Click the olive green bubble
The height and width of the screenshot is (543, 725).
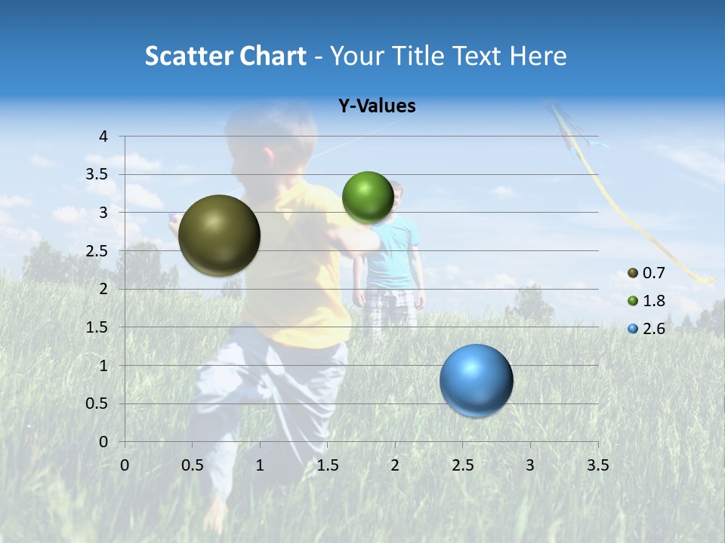[x=219, y=235]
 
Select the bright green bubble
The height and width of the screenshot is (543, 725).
[x=368, y=198]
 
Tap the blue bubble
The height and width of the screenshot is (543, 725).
[x=476, y=380]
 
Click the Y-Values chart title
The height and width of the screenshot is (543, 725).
[x=376, y=106]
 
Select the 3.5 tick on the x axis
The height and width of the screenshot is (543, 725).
[x=597, y=465]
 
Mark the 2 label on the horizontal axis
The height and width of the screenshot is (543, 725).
[x=395, y=465]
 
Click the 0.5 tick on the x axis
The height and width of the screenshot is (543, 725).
[x=192, y=465]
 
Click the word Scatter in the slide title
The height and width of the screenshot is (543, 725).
[x=187, y=56]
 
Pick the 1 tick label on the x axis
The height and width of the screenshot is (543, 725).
[x=260, y=465]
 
